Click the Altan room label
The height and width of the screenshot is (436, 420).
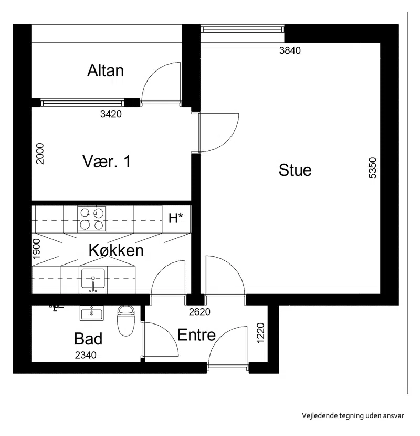[106, 70]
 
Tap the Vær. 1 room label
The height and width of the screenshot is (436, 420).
[107, 161]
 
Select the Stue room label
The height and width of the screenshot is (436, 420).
[295, 170]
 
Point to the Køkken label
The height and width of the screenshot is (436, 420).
[116, 250]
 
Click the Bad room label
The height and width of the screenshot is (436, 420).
[88, 339]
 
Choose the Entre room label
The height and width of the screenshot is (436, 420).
[196, 335]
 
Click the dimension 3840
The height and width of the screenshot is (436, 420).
[290, 50]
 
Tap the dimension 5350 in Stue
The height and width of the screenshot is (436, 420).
[373, 168]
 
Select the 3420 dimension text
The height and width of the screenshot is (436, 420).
[111, 114]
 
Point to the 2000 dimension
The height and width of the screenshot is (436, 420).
[40, 154]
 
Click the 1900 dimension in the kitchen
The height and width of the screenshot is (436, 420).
[36, 249]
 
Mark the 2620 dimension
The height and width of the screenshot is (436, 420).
[199, 312]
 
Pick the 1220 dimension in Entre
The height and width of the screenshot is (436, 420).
[260, 333]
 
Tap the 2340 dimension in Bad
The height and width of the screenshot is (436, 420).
[86, 355]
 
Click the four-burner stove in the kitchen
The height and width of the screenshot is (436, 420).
[91, 219]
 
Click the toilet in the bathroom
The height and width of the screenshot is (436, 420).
[126, 321]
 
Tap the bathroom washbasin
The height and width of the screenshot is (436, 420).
[91, 313]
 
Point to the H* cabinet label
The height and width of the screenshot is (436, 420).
[176, 218]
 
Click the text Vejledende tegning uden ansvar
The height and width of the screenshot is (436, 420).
[353, 415]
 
